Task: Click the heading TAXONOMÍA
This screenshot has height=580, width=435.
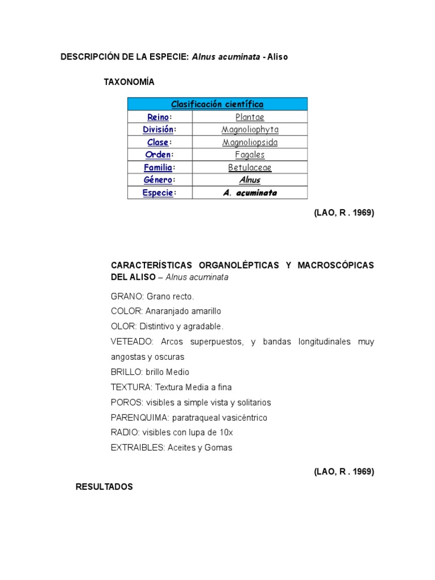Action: tap(129, 82)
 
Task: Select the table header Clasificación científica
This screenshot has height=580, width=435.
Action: tap(217, 104)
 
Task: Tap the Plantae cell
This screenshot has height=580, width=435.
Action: tap(250, 117)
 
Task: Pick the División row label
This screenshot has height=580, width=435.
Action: tap(157, 130)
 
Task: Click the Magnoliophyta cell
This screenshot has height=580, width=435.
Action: tap(250, 130)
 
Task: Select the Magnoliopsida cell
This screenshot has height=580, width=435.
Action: tap(250, 142)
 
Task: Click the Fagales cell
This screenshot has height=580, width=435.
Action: tap(250, 155)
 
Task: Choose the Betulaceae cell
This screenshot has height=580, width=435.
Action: tap(250, 168)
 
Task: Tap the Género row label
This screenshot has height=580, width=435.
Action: tap(157, 180)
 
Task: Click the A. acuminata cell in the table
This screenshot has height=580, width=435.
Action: tap(250, 193)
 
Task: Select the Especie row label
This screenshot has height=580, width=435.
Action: tap(157, 193)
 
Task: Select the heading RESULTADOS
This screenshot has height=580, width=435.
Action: tap(104, 487)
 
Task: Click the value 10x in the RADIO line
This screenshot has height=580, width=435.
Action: tap(227, 432)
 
